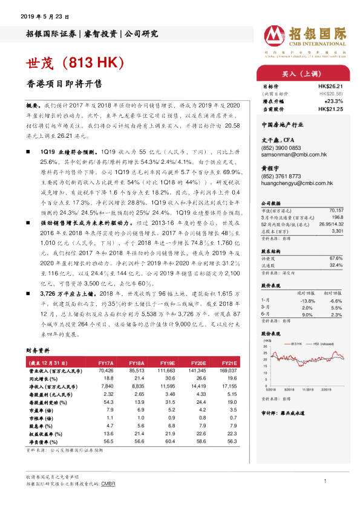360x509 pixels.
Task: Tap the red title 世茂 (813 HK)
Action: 74,63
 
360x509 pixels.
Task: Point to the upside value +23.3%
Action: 333,102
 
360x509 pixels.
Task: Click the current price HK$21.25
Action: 331,109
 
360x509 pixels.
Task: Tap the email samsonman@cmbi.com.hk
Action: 293,155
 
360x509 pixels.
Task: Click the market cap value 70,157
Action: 336,209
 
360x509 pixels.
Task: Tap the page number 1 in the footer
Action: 326,481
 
